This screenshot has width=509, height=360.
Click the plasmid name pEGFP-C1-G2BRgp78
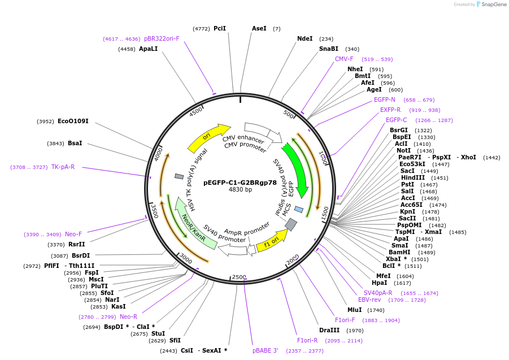pos(240,182)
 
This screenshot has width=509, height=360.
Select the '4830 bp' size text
pos(240,189)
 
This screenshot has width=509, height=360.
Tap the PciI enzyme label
pos(220,28)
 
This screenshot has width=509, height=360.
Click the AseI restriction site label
pos(259,28)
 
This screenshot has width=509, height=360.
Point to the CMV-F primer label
pos(344,59)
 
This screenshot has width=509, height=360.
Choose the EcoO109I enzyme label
pos(73,121)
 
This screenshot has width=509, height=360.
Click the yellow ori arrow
pos(208,137)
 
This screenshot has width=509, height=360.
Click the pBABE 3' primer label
pos(265,351)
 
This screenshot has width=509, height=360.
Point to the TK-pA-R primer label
pos(63,167)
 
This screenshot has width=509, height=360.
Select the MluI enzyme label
pos(355,310)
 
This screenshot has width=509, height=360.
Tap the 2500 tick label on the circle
pos(239,277)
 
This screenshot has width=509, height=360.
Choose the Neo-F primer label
pos(73,234)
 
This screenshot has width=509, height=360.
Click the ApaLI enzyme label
pos(149,49)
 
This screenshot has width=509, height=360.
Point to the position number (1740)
pos(376,310)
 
